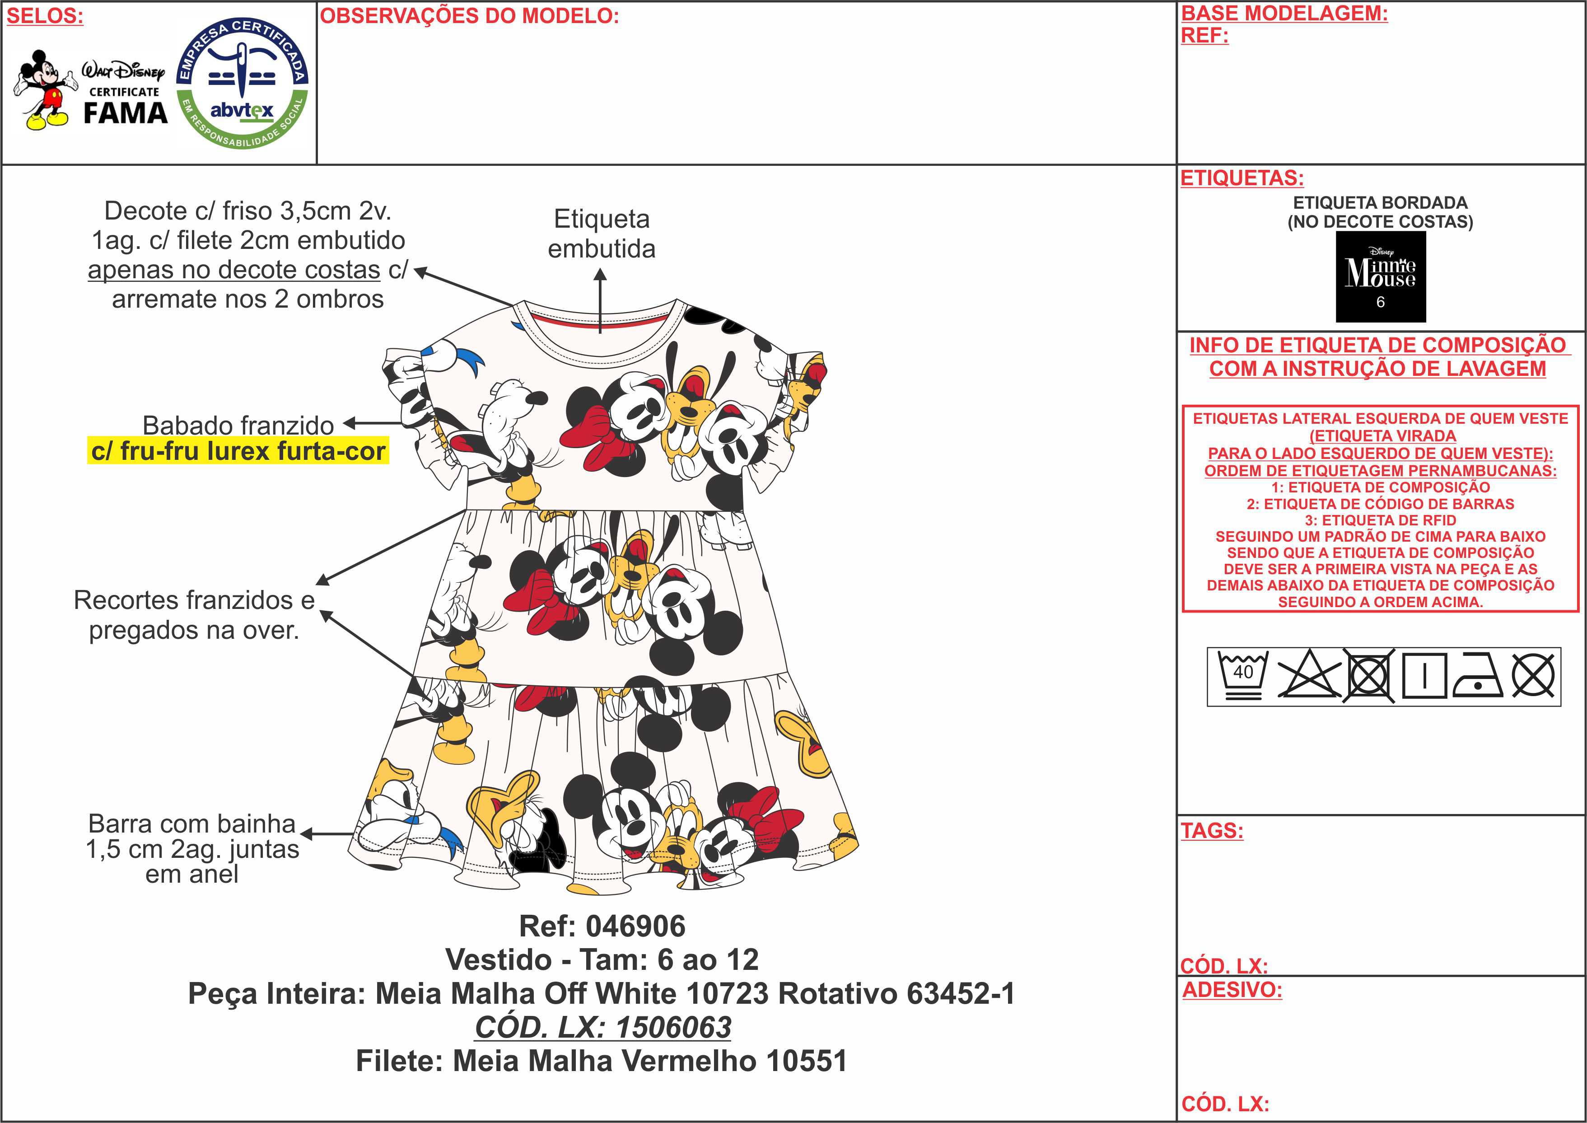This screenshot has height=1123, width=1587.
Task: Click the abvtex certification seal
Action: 243,83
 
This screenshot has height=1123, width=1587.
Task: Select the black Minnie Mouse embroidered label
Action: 1380,276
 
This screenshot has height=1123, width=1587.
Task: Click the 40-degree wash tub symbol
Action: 1243,676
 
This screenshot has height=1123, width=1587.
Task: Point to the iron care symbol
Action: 1478,676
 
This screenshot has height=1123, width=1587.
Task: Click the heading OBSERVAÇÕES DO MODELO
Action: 469,16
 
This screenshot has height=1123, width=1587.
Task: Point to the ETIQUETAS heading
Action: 1242,178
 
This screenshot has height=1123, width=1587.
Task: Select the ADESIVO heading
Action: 1232,990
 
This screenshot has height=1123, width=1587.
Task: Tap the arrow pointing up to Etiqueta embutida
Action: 600,301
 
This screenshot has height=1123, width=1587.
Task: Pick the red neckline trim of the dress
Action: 600,319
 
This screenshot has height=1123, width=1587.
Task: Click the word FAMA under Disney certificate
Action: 126,113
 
